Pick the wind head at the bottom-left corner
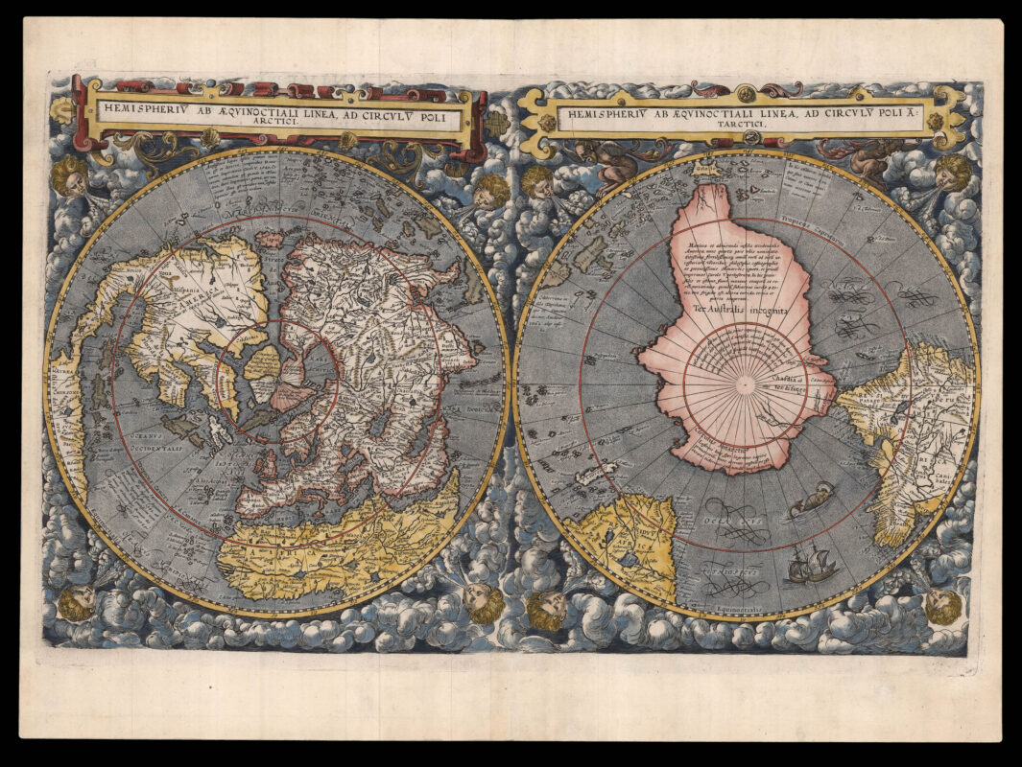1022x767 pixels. coord(77,602)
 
